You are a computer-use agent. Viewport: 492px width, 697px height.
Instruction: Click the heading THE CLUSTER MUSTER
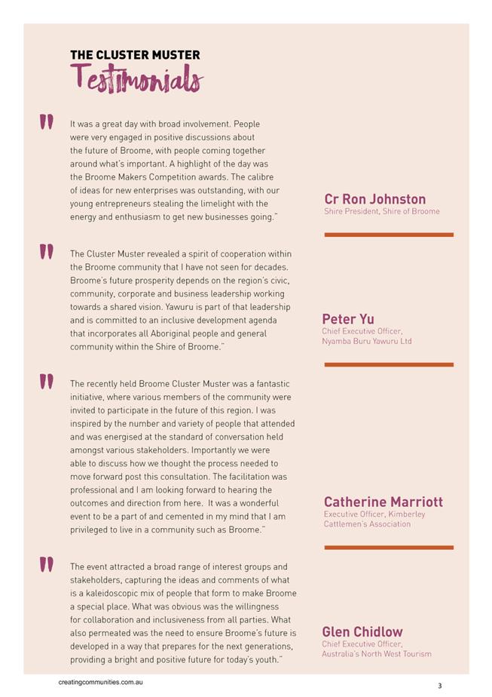(x=135, y=55)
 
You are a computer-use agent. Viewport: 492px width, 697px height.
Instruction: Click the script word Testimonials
(x=136, y=78)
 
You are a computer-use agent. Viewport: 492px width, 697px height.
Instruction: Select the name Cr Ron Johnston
(x=374, y=199)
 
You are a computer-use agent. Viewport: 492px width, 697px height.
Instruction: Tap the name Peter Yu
(x=348, y=319)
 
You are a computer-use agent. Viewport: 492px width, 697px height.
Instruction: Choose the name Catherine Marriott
(x=383, y=502)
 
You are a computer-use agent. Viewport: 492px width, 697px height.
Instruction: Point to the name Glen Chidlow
(x=362, y=631)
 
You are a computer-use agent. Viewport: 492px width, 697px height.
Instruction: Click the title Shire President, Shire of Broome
(x=381, y=212)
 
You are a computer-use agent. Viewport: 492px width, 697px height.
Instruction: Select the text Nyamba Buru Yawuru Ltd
(x=366, y=342)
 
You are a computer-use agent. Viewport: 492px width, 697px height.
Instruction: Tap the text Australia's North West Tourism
(x=377, y=654)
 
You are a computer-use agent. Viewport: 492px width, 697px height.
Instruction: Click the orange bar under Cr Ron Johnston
(x=389, y=235)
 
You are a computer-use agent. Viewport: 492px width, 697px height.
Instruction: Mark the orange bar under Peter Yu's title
(x=389, y=364)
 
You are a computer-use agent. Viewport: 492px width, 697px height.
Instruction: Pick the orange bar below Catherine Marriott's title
(x=389, y=548)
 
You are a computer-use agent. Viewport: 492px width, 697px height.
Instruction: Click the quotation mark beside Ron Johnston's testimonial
(x=46, y=122)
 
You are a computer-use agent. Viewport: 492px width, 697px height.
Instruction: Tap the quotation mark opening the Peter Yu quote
(x=46, y=252)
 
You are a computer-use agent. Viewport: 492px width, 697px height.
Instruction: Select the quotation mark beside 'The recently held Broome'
(x=46, y=382)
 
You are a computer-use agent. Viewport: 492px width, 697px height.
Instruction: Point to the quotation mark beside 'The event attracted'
(x=46, y=565)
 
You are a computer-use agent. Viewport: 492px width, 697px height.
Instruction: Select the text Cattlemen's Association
(x=367, y=524)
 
